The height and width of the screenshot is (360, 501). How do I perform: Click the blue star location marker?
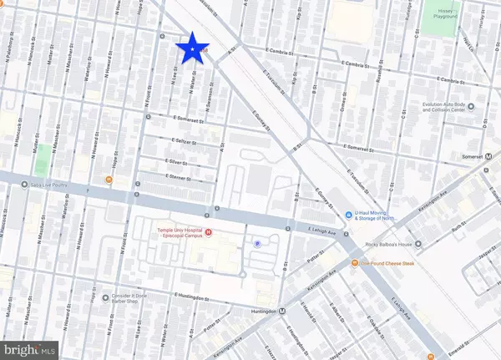pyautogui.click(x=194, y=51)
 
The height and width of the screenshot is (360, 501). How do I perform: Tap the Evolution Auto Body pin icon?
pyautogui.click(x=471, y=107)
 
